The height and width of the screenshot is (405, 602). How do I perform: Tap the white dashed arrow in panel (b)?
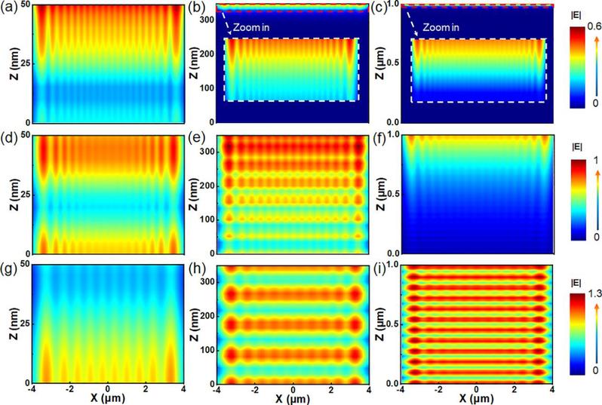click(229, 29)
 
